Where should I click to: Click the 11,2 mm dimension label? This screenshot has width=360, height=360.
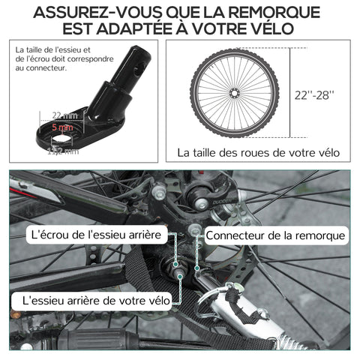[x=63, y=151]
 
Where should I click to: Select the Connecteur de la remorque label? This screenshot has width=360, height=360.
[x=276, y=235]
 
